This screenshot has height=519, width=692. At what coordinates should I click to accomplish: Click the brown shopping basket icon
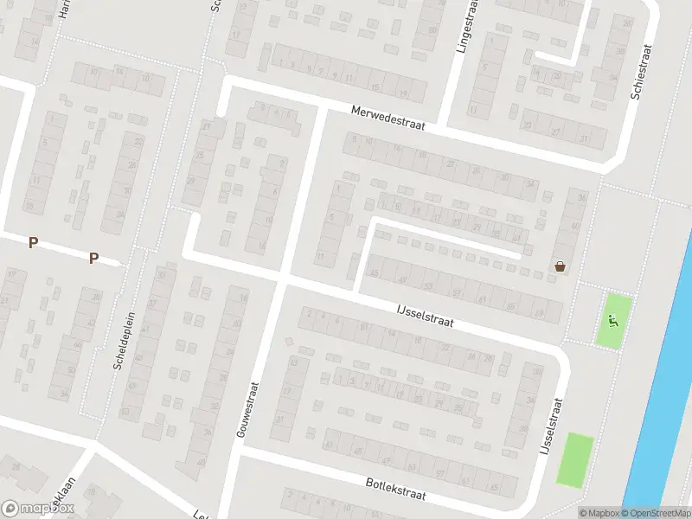(x=561, y=266)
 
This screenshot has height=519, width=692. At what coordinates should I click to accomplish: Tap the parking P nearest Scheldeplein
(x=93, y=258)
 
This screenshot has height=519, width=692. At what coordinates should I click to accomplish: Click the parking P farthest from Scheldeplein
(x=33, y=243)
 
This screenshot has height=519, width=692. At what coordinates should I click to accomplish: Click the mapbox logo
(x=38, y=509)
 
